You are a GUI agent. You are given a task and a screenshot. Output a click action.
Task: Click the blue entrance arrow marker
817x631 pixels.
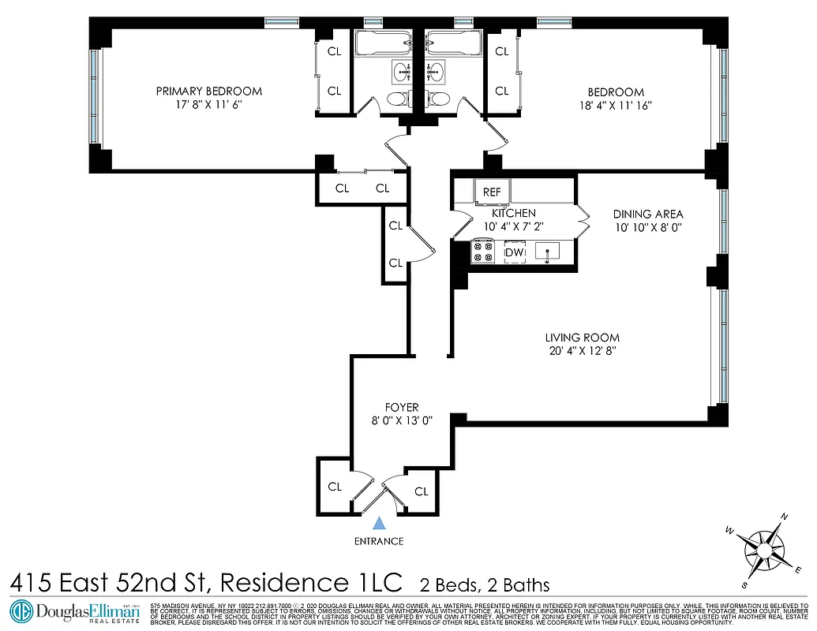tap(380, 522)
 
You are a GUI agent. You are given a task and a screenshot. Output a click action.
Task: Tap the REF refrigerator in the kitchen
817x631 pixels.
tap(492, 192)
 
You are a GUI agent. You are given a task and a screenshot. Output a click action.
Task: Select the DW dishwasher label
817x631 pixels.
tap(515, 252)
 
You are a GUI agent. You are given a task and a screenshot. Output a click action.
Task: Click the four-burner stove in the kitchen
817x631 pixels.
tap(482, 252)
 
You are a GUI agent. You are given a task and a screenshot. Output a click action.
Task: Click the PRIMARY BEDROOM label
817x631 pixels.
tap(208, 91)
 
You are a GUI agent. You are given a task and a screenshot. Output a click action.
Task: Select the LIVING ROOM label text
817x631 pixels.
tap(582, 338)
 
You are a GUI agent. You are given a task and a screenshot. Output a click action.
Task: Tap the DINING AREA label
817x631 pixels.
tap(647, 214)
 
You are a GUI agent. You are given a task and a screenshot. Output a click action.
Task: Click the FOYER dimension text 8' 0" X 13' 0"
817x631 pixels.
tap(402, 420)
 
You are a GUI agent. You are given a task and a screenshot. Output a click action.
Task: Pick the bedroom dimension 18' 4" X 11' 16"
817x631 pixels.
tap(616, 105)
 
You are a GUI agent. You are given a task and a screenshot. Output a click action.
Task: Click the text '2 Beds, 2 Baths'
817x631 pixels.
tap(484, 584)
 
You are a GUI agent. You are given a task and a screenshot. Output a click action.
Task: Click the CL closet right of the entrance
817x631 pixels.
tap(421, 491)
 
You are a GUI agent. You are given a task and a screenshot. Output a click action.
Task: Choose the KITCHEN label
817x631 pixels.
tap(514, 213)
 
